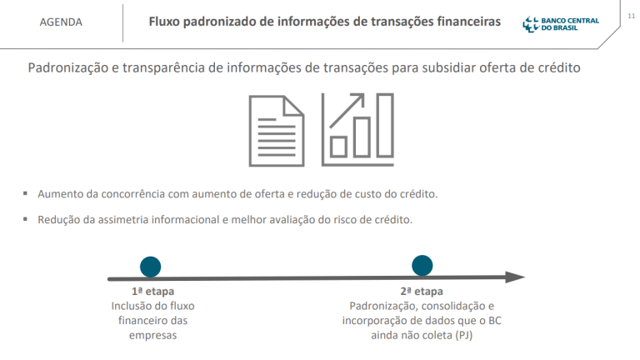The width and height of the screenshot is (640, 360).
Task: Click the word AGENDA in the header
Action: click(61, 22)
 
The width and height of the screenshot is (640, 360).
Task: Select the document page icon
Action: click(276, 130)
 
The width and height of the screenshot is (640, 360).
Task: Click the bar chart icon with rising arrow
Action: click(357, 130)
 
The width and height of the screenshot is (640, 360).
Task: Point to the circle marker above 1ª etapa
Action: click(151, 266)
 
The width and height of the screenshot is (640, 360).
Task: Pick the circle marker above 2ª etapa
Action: click(422, 266)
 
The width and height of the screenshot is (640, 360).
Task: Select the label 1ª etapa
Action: click(152, 292)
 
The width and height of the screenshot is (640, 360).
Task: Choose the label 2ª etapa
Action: click(422, 292)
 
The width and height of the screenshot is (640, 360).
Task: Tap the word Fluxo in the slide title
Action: click(165, 21)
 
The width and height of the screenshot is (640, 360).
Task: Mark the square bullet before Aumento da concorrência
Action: click(26, 194)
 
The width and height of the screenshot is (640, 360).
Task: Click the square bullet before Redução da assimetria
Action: click(26, 220)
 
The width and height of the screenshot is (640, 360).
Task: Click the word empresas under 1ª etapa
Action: click(153, 335)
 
